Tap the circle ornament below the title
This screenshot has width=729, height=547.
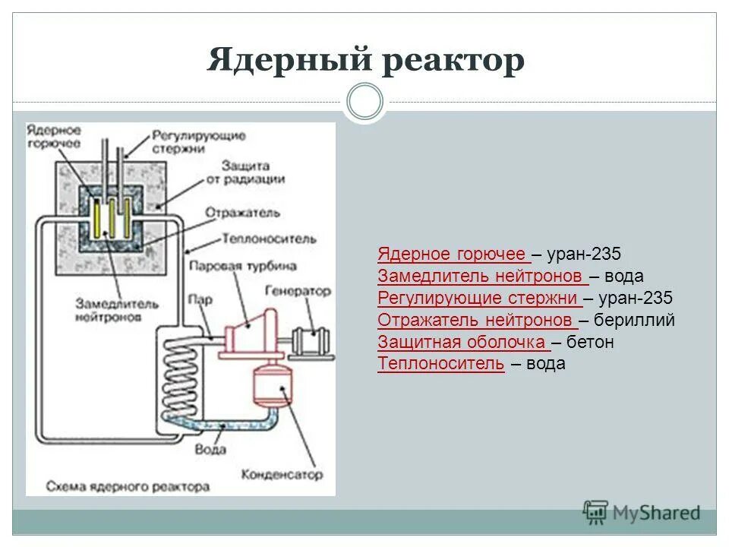365,102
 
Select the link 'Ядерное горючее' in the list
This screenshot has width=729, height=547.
453,254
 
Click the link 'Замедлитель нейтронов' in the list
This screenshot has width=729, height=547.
481,276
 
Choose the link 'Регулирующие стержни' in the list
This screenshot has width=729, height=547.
478,298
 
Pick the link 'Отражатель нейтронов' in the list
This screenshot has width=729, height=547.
476,320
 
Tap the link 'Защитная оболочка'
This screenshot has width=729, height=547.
462,342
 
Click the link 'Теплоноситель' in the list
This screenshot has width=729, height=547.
440,364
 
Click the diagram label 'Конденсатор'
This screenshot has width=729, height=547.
282,474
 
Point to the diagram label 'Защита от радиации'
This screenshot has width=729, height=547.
254,172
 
